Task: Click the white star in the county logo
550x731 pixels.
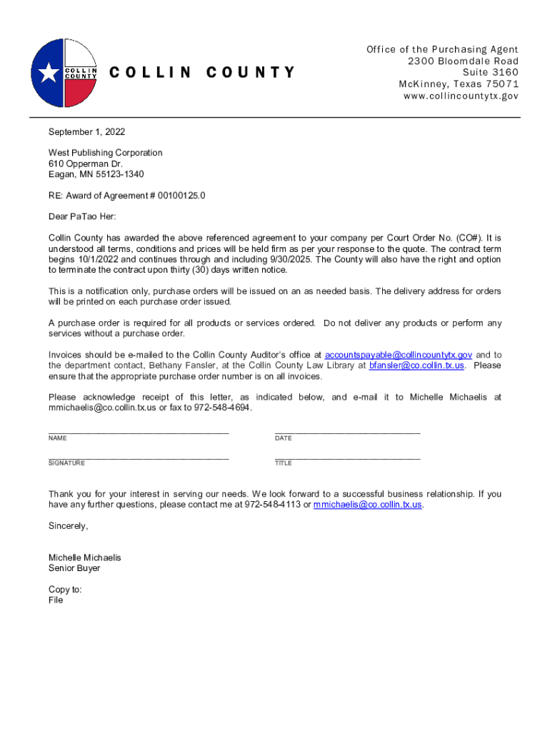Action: [x=49, y=73]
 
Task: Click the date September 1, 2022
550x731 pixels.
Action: [x=86, y=132]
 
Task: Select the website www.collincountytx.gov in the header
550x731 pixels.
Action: [x=461, y=96]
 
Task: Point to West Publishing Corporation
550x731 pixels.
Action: [x=105, y=153]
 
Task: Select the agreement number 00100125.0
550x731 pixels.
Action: [x=178, y=196]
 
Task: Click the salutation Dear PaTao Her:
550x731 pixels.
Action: [x=81, y=216]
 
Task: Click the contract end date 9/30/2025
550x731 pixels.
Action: [x=287, y=259]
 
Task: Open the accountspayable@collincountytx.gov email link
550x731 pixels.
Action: [x=398, y=355]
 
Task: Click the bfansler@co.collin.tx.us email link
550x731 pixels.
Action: [x=416, y=365]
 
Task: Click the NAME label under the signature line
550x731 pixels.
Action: [x=58, y=438]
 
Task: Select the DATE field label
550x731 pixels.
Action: [x=284, y=438]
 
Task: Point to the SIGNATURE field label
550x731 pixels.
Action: [x=66, y=463]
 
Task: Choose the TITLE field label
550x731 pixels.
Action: [x=284, y=463]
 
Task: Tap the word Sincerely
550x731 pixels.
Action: [x=68, y=526]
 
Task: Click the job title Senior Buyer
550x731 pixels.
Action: [x=74, y=568]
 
